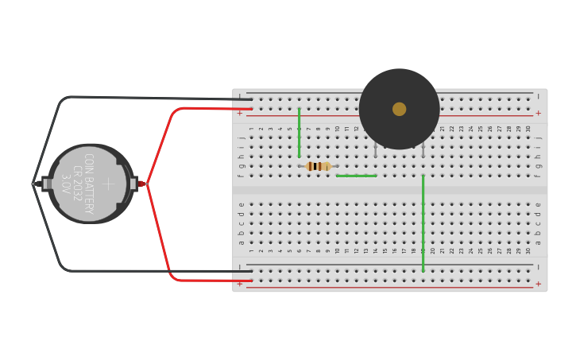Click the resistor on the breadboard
point(318,166)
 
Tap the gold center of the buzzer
point(399,109)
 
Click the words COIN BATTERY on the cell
point(88,184)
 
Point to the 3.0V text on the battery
point(67,184)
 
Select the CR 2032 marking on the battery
point(78,184)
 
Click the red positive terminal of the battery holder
point(141,184)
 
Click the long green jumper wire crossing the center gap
point(423,223)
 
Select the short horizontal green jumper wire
point(356,176)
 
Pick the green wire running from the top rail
point(300,132)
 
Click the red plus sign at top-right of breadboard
point(538,113)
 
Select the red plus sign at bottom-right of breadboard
point(538,284)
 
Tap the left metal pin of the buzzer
point(376,150)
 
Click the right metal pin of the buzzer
point(423,150)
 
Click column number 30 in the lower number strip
point(528,250)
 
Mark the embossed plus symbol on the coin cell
point(108,184)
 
